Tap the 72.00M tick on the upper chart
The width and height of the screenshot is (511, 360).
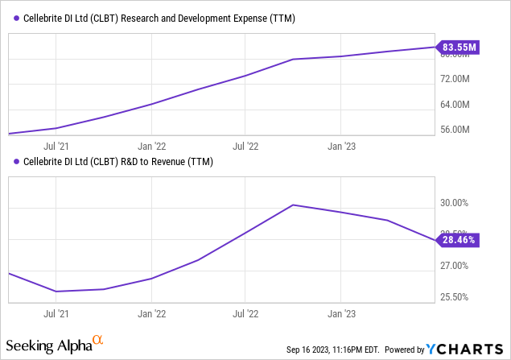pos(459,79)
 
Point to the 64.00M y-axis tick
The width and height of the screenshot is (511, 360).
pos(459,105)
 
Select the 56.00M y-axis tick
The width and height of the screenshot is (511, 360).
pos(459,130)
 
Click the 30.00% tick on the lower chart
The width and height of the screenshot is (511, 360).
pos(459,203)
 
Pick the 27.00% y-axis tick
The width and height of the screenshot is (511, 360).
pos(459,266)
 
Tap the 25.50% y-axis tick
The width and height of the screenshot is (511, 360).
pos(459,297)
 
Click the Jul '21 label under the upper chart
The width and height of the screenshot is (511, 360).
pos(56,147)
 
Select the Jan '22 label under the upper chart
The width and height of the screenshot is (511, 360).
pos(151,147)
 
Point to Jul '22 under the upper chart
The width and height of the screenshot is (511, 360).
pos(246,147)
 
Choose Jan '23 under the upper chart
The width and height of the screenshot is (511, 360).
pos(341,147)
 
